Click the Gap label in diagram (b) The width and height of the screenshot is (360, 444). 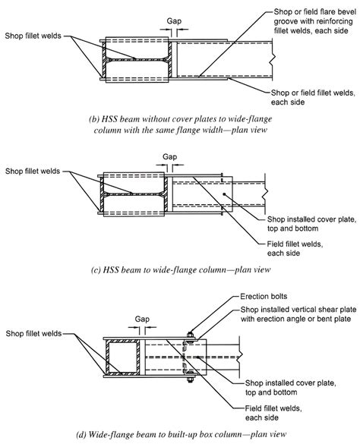coord(174,21)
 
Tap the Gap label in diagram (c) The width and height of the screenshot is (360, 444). coord(170,157)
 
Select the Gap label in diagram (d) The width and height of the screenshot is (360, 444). coord(142,320)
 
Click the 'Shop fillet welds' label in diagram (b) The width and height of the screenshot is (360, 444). coord(33,36)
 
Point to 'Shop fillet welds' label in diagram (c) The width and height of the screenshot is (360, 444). coord(33,172)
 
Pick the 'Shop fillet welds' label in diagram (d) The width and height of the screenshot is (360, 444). coord(33,333)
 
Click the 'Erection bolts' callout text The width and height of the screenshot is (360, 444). coord(264,297)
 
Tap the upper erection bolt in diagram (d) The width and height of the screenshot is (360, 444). coord(190,336)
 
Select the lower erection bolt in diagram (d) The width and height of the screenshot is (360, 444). coord(190,376)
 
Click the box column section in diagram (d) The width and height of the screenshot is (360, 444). coord(122,357)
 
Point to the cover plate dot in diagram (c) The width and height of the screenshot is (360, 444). coord(224,194)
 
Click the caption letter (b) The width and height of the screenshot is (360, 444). coord(93,119)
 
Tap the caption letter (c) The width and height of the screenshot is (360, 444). coord(96,269)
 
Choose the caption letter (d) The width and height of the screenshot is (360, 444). coord(81,434)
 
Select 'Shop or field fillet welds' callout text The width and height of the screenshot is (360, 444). coord(313,93)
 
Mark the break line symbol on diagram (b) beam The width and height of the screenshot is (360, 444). coord(272,59)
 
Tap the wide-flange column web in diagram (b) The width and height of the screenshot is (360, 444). coord(137,60)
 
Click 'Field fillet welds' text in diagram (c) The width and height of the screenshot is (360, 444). coord(295,244)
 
